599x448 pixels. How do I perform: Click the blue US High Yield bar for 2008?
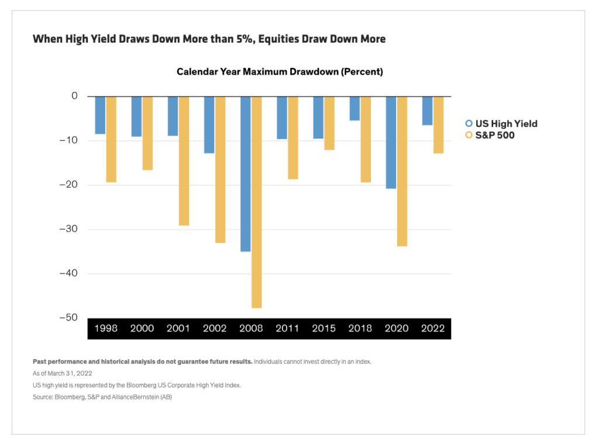tap(245, 174)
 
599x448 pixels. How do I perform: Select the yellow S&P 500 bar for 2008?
tap(256, 202)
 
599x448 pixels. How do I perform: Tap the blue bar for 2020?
tap(391, 142)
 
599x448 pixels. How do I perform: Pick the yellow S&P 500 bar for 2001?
tap(184, 161)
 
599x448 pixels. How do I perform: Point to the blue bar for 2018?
tap(354, 108)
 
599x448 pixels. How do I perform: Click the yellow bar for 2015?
tap(329, 123)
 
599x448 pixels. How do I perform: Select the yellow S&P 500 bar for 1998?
tap(111, 139)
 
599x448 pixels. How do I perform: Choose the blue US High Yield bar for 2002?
tap(209, 125)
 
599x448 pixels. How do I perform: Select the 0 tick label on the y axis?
tap(74, 96)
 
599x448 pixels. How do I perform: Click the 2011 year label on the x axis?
tap(287, 328)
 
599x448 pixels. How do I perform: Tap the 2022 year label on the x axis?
tap(432, 328)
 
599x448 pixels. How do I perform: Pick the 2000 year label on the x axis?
tap(142, 328)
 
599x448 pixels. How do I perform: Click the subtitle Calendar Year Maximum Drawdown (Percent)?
tap(280, 72)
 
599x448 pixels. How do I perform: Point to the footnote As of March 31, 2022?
tap(63, 373)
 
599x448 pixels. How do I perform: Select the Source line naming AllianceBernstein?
tap(102, 397)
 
